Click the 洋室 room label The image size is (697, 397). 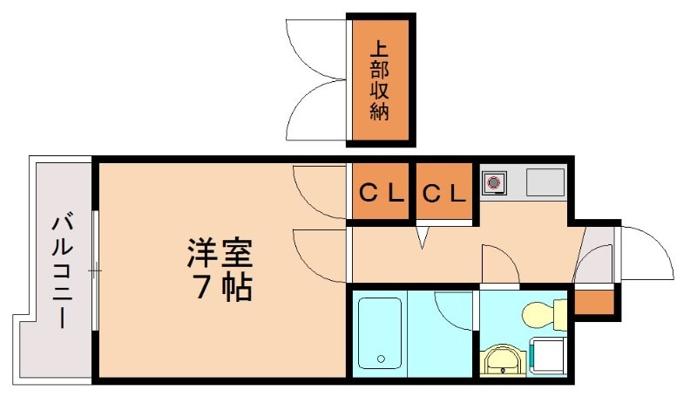click(219, 253)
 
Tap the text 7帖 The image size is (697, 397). click(221, 287)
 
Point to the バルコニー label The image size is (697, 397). click(62, 270)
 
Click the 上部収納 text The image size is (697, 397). click(380, 80)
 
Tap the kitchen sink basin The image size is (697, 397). click(545, 183)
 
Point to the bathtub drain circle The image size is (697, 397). click(380, 358)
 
